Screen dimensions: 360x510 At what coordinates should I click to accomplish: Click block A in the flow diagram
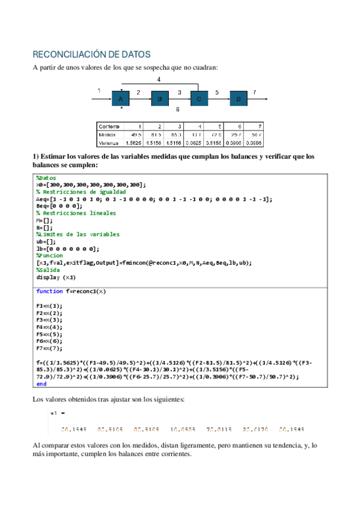pyautogui.click(x=120, y=98)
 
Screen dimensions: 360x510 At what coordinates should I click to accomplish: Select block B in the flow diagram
pyautogui.click(x=159, y=98)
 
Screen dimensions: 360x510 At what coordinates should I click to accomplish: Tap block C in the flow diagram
pyautogui.click(x=199, y=98)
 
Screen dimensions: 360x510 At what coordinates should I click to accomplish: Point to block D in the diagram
pyautogui.click(x=239, y=98)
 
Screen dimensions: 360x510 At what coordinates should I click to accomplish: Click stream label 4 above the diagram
pyautogui.click(x=159, y=79)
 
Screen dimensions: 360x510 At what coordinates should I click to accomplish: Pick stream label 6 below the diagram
pyautogui.click(x=177, y=110)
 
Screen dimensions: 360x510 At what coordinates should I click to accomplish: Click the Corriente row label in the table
pyautogui.click(x=109, y=126)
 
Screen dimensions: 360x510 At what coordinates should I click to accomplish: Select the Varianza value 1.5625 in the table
pyautogui.click(x=132, y=144)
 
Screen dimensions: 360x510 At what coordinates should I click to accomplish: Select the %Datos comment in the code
pyautogui.click(x=46, y=178)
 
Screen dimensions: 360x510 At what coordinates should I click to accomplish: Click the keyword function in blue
pyautogui.click(x=49, y=291)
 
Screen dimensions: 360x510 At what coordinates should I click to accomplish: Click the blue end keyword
pyautogui.click(x=41, y=383)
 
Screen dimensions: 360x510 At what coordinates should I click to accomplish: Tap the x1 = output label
pyautogui.click(x=57, y=413)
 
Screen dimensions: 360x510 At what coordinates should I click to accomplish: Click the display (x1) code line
pyautogui.click(x=56, y=277)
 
